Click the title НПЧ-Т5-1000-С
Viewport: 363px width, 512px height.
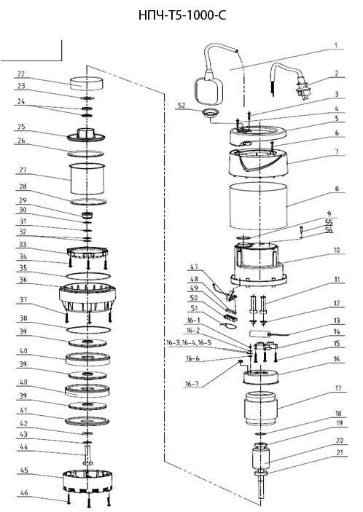(x=182, y=16)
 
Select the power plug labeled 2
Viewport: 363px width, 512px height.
(x=303, y=91)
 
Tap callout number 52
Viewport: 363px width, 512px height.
(x=181, y=105)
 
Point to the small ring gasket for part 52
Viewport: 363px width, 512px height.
(x=210, y=113)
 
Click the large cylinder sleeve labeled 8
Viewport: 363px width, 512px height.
(x=259, y=205)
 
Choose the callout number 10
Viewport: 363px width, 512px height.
(x=337, y=250)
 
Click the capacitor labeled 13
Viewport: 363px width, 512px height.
(x=259, y=334)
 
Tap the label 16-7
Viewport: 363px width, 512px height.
(x=192, y=384)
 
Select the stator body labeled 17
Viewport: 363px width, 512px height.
(x=261, y=408)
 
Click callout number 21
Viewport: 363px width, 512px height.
(x=339, y=453)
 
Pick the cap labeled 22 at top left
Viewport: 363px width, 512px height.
(x=87, y=83)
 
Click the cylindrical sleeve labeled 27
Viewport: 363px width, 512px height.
(x=87, y=178)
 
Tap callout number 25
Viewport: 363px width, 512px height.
(x=21, y=127)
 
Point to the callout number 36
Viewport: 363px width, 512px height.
(x=23, y=280)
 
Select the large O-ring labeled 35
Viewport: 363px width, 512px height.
(x=88, y=276)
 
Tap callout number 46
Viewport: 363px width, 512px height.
(x=24, y=493)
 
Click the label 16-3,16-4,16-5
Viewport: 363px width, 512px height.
(x=189, y=343)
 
